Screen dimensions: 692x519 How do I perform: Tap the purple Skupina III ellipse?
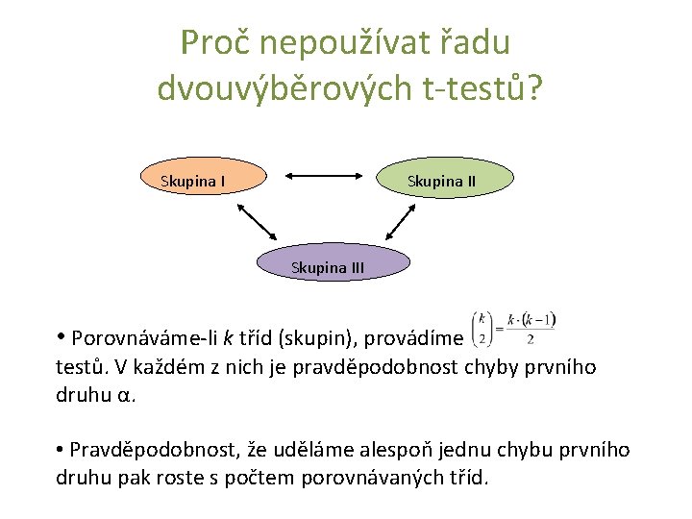click(x=328, y=266)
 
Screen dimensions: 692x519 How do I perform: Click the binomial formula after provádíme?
click(x=514, y=328)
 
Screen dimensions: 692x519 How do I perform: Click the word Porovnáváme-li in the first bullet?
click(x=145, y=337)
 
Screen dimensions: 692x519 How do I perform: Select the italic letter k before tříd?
click(x=228, y=337)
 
